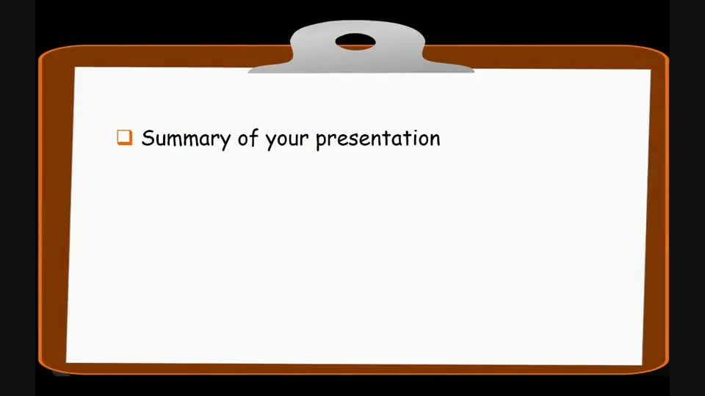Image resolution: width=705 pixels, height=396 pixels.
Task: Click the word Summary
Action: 186,138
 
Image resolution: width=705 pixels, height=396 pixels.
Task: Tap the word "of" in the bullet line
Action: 246,138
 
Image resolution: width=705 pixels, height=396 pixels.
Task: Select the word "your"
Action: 286,139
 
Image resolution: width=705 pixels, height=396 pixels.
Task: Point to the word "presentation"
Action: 377,139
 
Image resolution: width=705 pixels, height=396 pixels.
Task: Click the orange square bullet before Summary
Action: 125,137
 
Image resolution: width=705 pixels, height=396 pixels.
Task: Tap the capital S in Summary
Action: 148,137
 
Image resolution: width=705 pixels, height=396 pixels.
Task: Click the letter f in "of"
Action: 252,137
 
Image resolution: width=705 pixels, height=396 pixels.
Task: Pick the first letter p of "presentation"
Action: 321,140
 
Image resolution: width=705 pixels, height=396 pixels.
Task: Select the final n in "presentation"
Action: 435,139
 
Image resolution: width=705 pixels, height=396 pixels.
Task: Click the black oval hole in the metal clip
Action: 355,42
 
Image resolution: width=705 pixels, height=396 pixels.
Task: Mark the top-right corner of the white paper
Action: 650,70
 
